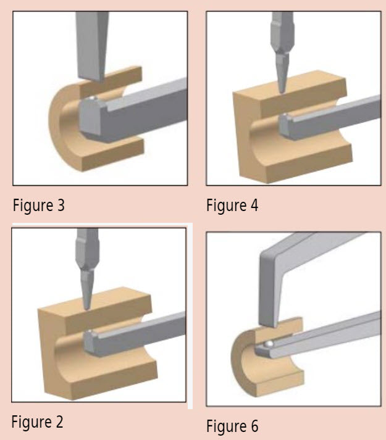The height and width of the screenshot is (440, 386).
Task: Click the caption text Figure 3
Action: (39, 205)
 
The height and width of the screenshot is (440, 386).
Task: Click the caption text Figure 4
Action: (232, 205)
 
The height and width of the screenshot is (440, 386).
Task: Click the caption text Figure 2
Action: (37, 421)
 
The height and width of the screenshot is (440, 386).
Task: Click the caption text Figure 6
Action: (232, 426)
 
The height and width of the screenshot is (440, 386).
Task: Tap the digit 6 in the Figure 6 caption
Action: (254, 425)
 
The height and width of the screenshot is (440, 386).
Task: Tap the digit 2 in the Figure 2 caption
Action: (59, 421)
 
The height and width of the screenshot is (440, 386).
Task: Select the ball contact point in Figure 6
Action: (269, 343)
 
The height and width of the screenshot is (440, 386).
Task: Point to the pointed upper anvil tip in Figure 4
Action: (282, 92)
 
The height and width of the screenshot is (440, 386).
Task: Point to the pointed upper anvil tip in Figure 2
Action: (87, 309)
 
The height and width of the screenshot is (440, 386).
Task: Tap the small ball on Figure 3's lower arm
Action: (93, 98)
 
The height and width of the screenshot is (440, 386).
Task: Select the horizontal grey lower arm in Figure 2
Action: (135, 334)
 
